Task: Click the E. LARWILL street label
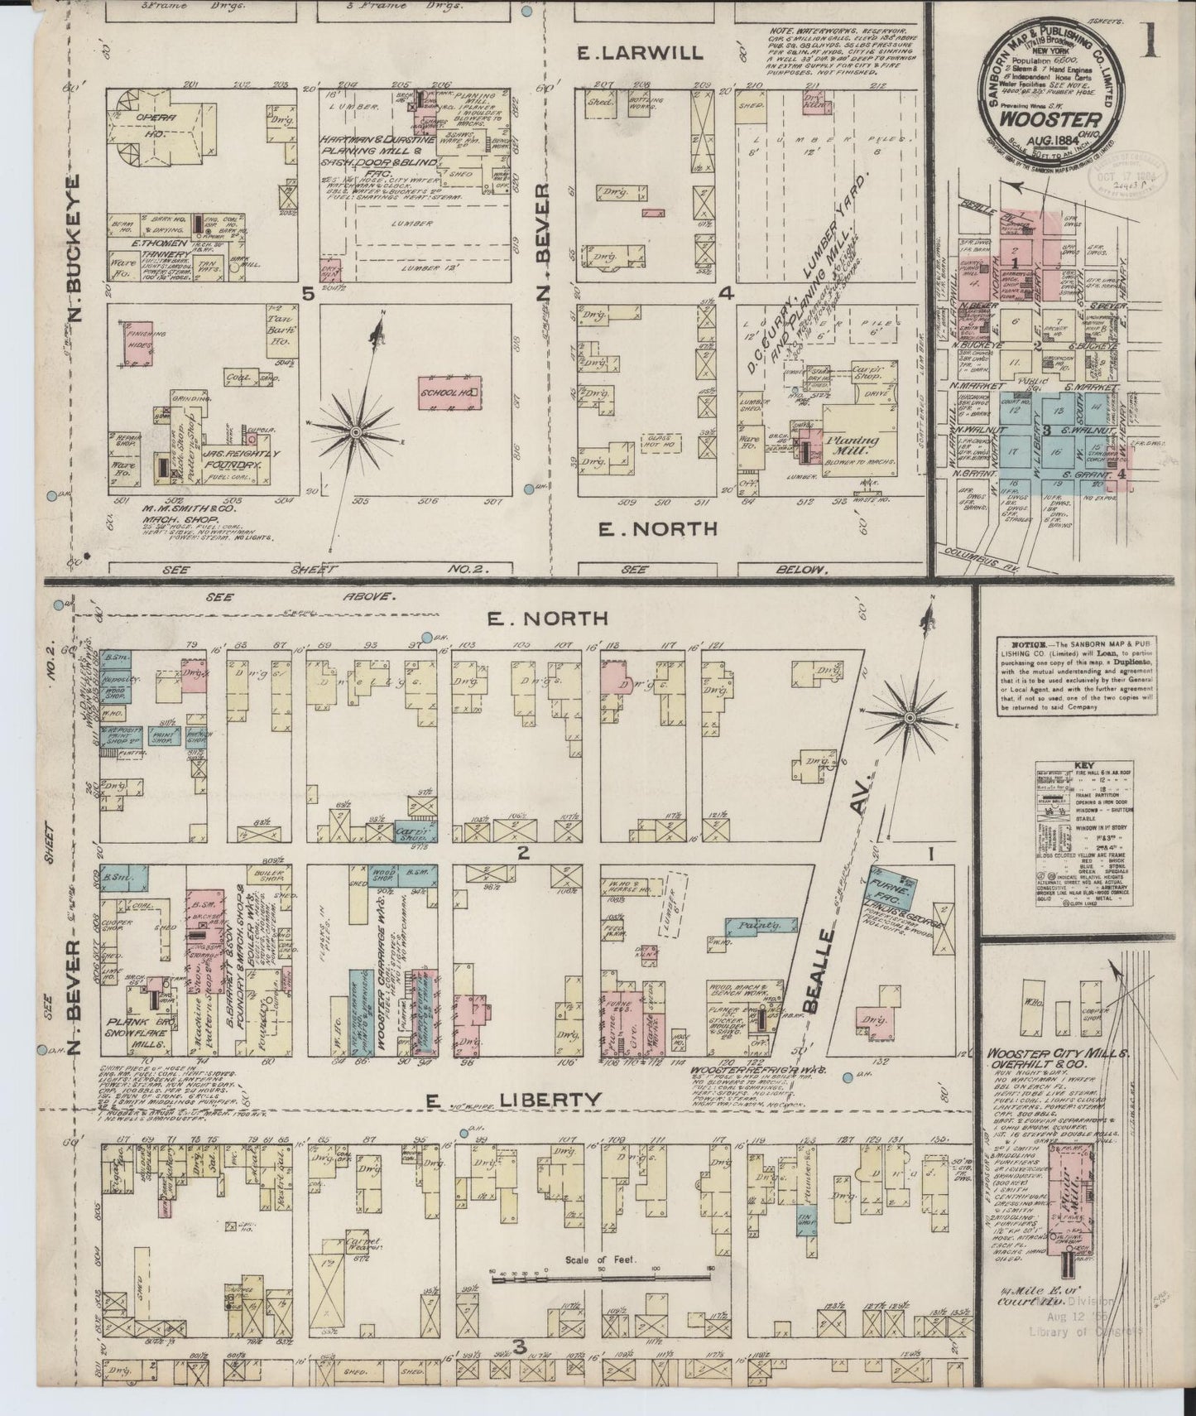640,53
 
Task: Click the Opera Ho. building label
159,124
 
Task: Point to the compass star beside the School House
356,431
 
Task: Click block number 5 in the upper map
308,292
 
